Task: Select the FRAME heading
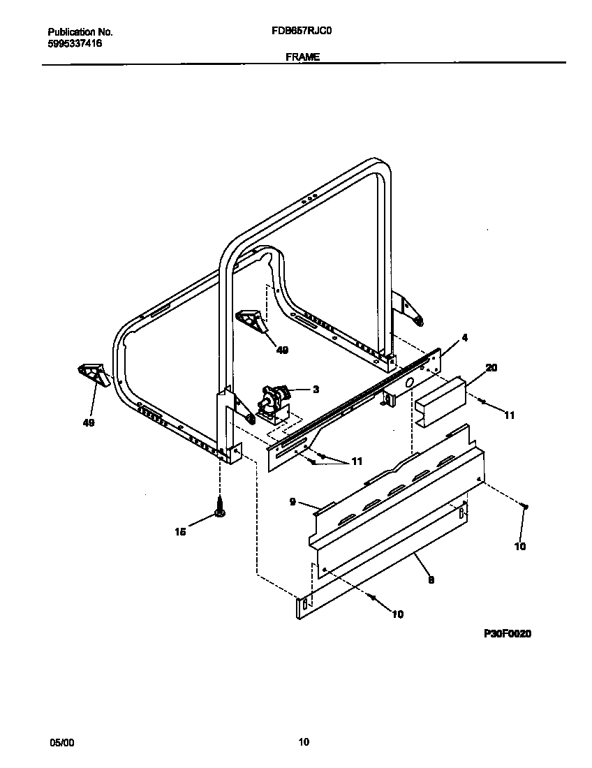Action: tap(302, 58)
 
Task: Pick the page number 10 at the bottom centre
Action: tap(303, 743)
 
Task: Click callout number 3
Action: tap(316, 390)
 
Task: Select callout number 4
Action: tap(465, 338)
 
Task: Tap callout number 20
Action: tap(491, 367)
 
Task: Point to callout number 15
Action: tap(180, 532)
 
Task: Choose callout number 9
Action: tap(293, 501)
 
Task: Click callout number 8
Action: tap(431, 579)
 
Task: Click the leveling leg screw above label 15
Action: tap(220, 507)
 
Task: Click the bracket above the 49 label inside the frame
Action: tap(252, 321)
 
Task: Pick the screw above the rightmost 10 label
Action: tap(526, 506)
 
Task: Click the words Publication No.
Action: tap(80, 32)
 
